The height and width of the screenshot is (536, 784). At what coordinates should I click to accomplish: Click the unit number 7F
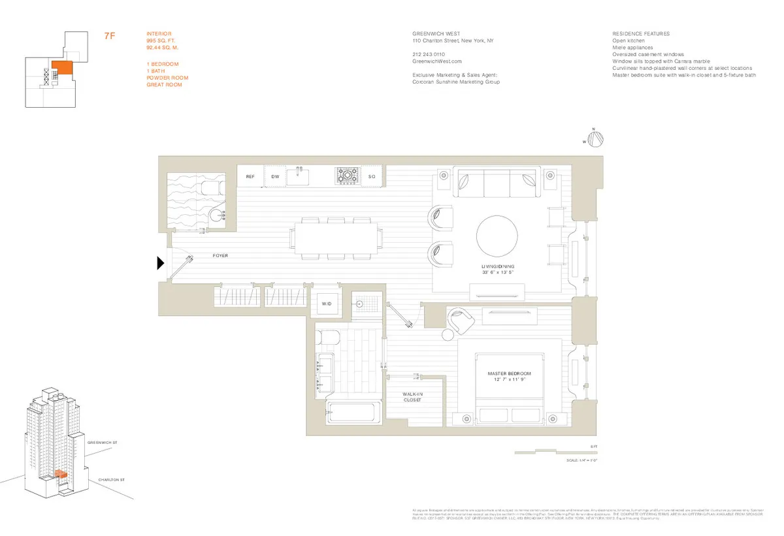(x=110, y=36)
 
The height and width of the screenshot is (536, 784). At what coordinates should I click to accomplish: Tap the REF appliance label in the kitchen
(x=250, y=177)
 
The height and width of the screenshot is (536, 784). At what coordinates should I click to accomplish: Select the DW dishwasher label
(x=275, y=177)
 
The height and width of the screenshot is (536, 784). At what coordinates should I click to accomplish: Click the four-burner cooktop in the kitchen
(x=348, y=176)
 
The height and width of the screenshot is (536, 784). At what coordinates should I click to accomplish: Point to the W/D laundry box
(x=327, y=304)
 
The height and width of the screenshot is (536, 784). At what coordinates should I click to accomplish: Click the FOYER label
(x=221, y=256)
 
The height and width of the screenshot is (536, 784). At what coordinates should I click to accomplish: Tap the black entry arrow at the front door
(x=160, y=263)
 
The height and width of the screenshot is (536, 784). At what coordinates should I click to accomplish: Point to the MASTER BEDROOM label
(x=509, y=373)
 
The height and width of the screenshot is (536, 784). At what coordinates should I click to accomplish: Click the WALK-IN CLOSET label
(x=412, y=397)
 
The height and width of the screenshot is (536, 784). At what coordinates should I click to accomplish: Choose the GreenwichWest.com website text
(x=433, y=61)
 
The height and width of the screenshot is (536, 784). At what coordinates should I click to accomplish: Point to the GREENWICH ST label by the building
(x=103, y=443)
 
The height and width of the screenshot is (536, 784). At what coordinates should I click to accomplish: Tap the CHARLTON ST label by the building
(x=110, y=480)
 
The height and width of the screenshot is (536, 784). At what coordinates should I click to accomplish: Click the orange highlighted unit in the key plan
(x=61, y=68)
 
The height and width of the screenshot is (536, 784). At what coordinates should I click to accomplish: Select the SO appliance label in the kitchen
(x=372, y=177)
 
